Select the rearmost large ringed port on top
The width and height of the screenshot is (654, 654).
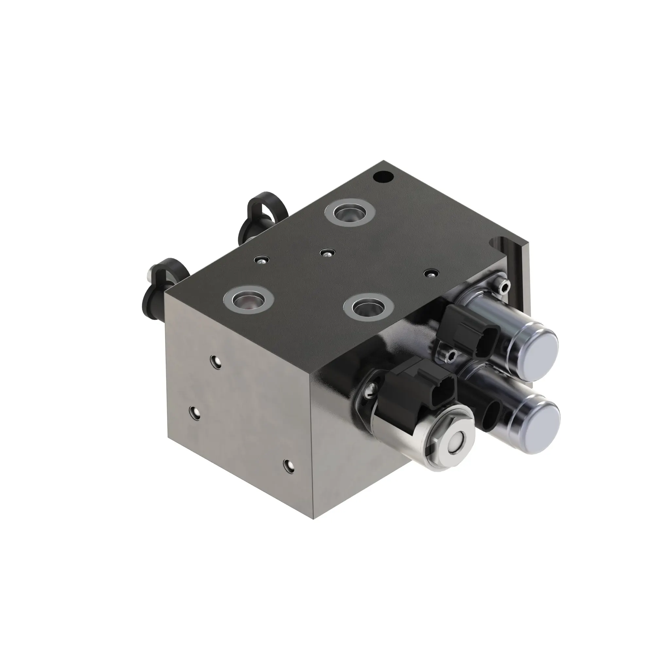click(349, 213)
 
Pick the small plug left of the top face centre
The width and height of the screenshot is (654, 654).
click(261, 259)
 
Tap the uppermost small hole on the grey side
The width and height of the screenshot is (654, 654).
click(215, 362)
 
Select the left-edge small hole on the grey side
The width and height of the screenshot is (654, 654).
click(194, 413)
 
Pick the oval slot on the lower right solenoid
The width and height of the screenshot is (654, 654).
click(490, 416)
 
